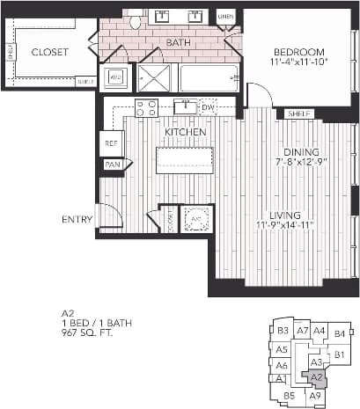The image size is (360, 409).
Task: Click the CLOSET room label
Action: tap(49, 52)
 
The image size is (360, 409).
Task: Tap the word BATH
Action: tap(178, 42)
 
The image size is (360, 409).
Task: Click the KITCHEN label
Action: tap(185, 132)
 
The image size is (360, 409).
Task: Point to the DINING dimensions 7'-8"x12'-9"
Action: tap(298, 163)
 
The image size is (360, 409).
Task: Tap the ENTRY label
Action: tap(77, 219)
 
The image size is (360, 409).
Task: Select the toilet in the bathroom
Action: tap(136, 20)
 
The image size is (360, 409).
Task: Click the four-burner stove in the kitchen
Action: tap(146, 108)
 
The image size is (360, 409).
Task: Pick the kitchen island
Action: tap(186, 161)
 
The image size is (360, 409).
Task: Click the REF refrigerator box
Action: tap(112, 142)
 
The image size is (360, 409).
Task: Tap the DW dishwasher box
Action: tap(208, 107)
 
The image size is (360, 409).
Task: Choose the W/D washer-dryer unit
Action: tap(116, 77)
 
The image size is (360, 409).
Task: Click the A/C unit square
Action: tap(196, 218)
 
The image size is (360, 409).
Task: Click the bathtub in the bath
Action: tap(209, 78)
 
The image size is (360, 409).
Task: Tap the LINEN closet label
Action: tap(225, 17)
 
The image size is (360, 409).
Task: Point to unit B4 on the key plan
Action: tap(341, 334)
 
